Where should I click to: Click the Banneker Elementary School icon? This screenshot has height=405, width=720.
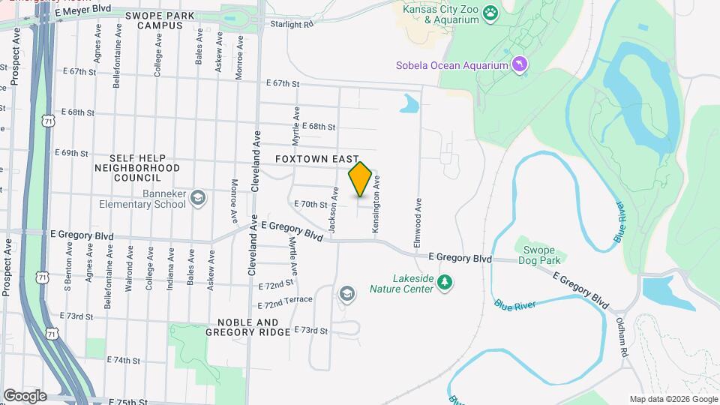pos(198,197)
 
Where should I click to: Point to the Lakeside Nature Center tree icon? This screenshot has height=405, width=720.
pos(446,282)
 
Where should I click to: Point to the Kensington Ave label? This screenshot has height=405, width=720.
pos(378,202)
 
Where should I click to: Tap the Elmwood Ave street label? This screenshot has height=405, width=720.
pos(417,223)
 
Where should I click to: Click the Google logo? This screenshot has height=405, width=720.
pos(25,396)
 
